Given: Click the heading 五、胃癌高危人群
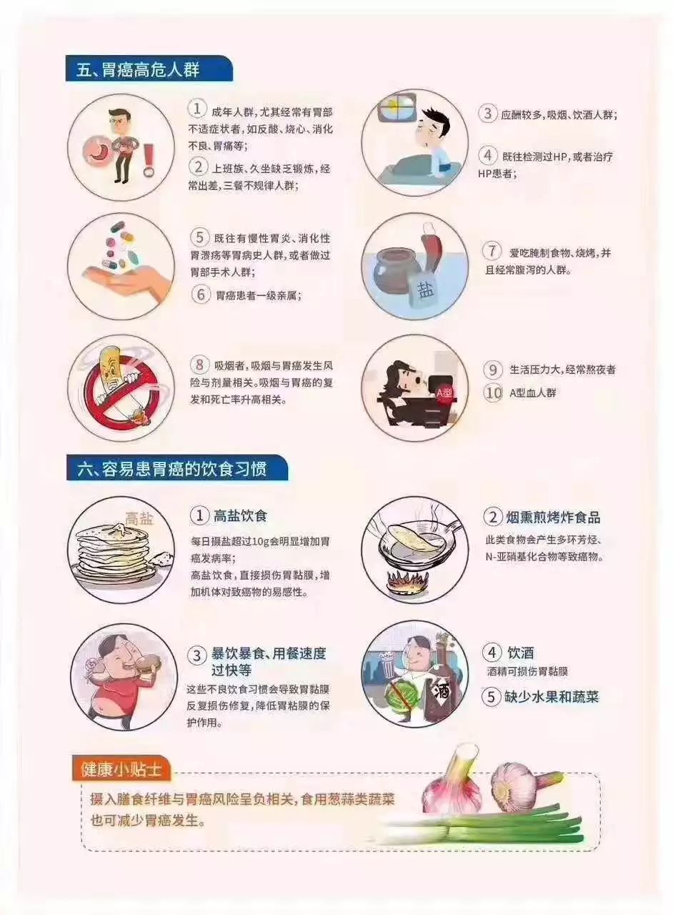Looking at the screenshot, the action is click(x=138, y=70).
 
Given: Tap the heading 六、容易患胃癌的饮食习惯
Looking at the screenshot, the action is click(x=172, y=469).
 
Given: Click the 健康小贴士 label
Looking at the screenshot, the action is click(x=121, y=770).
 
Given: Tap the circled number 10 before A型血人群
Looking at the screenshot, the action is click(x=493, y=393).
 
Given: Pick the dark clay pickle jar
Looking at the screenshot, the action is click(x=394, y=271).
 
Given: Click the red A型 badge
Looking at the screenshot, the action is click(x=444, y=393).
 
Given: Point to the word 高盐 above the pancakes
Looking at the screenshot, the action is click(x=139, y=519).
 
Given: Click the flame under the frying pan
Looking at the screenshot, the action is click(x=407, y=580).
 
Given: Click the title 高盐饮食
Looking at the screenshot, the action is click(x=240, y=516).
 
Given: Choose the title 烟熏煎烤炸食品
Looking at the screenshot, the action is click(x=554, y=517).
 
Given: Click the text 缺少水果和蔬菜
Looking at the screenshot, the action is click(x=552, y=696).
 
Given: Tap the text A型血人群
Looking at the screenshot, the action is click(x=532, y=393).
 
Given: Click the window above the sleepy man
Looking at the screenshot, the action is click(x=397, y=108).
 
